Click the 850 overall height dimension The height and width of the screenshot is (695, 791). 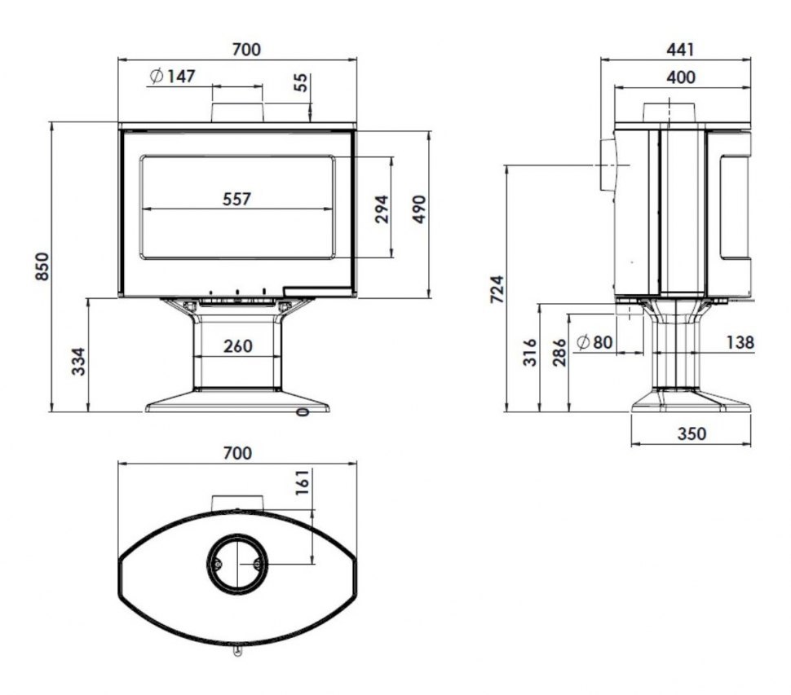[43, 266]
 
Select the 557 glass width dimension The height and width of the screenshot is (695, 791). [236, 199]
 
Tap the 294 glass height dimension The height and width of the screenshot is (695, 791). [382, 209]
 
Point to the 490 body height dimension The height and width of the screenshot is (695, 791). [418, 209]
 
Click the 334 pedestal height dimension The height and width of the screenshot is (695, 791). [79, 362]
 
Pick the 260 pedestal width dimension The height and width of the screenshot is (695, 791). [237, 346]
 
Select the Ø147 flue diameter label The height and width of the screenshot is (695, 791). [173, 76]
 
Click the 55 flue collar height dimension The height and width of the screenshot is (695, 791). [300, 82]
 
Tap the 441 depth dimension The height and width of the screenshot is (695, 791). [681, 50]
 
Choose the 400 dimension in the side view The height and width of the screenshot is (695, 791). [681, 77]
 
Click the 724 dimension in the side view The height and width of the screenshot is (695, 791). [497, 288]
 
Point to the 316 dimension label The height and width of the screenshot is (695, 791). [530, 352]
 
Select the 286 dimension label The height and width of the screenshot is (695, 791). [559, 352]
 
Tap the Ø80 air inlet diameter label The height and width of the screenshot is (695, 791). [594, 342]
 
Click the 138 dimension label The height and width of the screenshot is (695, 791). [740, 342]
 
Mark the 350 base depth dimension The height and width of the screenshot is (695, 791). [692, 433]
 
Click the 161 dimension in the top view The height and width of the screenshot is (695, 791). [302, 482]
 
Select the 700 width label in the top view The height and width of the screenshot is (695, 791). [237, 453]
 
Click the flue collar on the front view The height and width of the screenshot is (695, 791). [237, 112]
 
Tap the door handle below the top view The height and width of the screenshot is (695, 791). [237, 651]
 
